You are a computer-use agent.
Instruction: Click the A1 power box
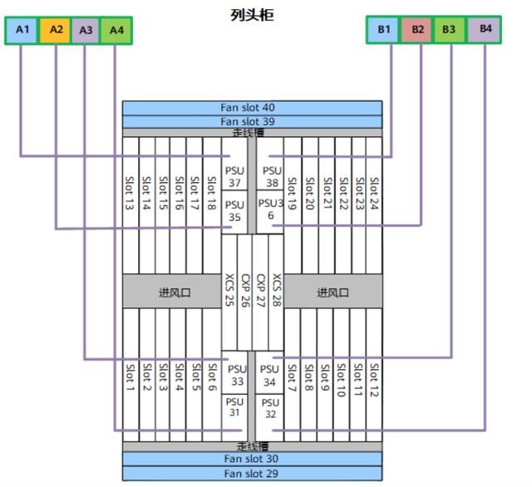22,30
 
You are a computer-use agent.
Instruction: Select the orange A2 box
55,30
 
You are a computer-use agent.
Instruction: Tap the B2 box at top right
417,30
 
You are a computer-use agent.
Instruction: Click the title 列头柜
251,15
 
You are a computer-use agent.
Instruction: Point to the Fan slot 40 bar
252,108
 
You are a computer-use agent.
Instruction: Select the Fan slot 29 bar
252,474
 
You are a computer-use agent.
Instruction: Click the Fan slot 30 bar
252,459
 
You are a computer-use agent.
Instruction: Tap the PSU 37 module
235,176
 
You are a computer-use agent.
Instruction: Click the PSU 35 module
235,211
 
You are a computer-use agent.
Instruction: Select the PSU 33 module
237,376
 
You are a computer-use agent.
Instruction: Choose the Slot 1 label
131,376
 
